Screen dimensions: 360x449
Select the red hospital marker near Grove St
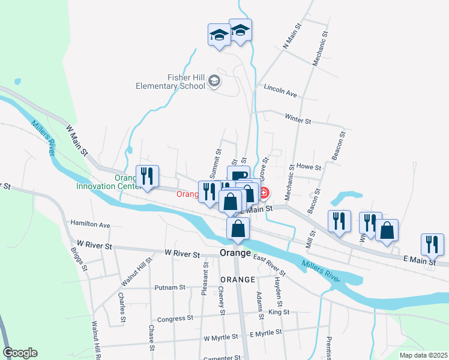[264, 194]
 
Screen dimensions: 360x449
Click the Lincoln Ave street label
[281, 94]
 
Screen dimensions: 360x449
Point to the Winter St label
[298, 120]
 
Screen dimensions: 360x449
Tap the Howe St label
[310, 167]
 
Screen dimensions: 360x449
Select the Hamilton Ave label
[90, 224]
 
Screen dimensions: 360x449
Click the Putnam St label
[169, 287]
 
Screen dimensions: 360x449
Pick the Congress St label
[174, 318]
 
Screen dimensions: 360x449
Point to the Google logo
[20, 353]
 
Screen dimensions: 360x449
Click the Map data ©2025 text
[423, 355]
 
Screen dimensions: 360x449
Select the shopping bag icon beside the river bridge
[238, 229]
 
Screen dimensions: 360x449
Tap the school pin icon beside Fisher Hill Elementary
[215, 82]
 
